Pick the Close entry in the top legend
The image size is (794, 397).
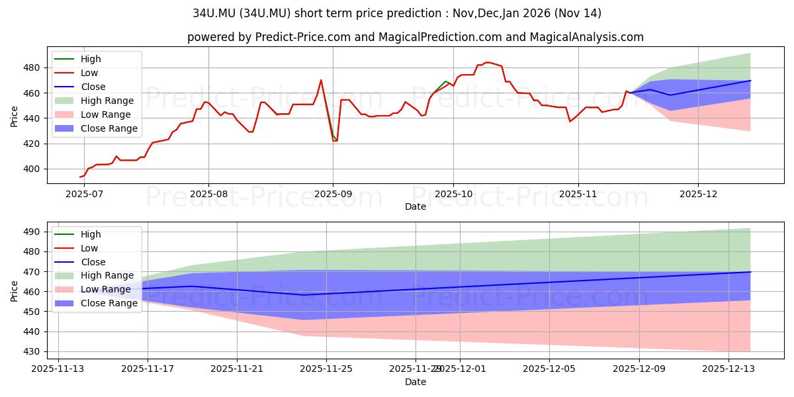pyautogui.click(x=93, y=87)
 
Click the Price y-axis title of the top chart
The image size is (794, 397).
pyautogui.click(x=15, y=115)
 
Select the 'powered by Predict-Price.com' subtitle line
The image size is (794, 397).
pyautogui.click(x=415, y=37)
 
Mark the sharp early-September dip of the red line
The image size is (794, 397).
pyautogui.click(x=334, y=141)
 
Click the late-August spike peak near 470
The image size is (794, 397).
pyautogui.click(x=321, y=80)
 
